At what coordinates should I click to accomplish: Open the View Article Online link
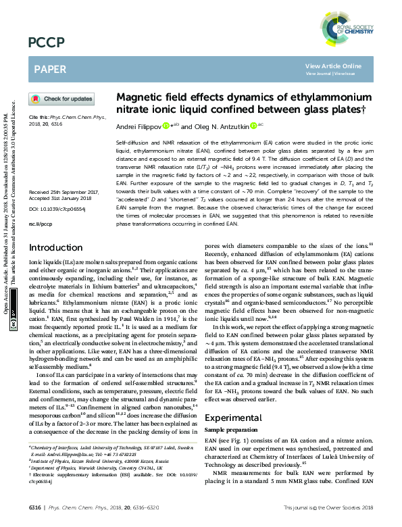(333, 66)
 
